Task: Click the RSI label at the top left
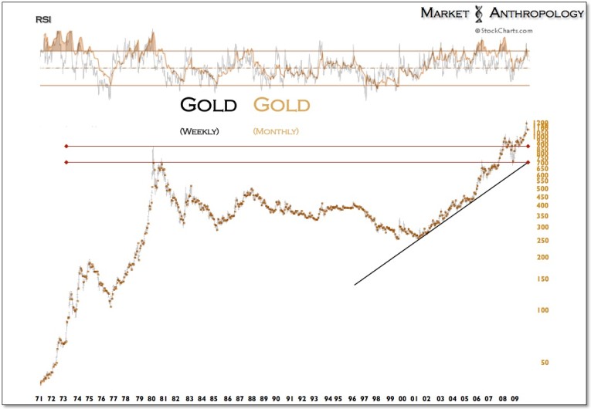click(45, 19)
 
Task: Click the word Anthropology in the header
click(527, 13)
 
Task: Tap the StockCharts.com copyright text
click(503, 31)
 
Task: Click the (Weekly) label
click(199, 131)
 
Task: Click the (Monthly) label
click(275, 131)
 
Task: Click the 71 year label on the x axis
click(39, 400)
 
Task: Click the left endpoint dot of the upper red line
click(67, 146)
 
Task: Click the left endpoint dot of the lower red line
click(67, 162)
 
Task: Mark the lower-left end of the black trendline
click(355, 285)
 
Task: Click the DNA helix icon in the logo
click(479, 13)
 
